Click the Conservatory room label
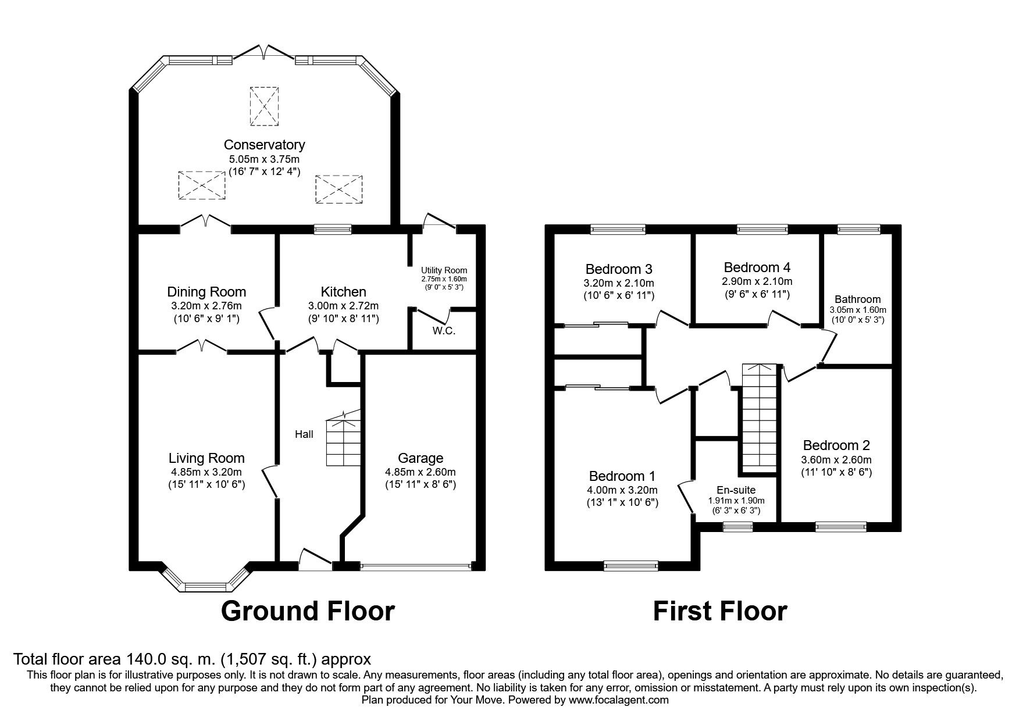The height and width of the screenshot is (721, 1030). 264,144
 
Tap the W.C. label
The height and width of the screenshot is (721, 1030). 444,331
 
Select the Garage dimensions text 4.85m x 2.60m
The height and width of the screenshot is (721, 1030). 420,472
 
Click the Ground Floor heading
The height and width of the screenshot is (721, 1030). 308,611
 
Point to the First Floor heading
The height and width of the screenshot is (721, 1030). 720,611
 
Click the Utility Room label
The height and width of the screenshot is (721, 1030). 444,270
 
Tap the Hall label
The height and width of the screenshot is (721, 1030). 304,434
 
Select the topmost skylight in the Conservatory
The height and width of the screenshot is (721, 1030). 265,106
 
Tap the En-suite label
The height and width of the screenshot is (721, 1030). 736,490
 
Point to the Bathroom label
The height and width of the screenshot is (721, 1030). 858,299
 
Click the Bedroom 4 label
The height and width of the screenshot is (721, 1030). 757,267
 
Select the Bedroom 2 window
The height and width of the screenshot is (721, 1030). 840,527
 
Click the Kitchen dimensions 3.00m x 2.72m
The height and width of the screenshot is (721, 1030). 343,305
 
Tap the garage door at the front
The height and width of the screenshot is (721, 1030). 416,565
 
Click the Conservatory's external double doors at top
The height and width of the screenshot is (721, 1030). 265,52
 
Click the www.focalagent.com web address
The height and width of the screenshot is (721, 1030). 618,700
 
